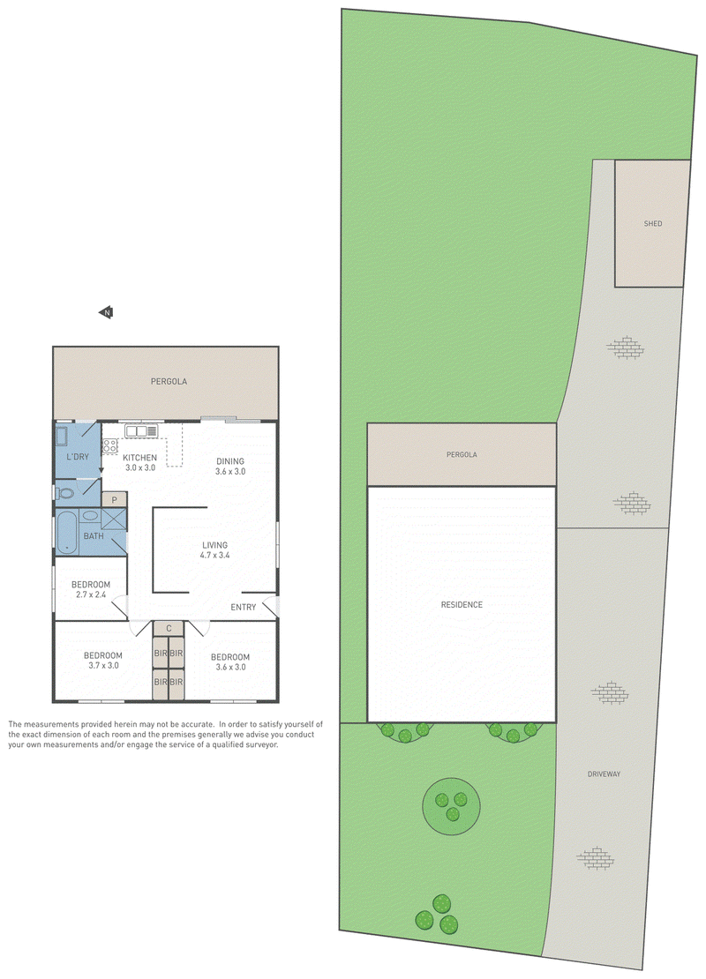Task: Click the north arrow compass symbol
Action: pos(106,312)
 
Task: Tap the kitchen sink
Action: pos(141,430)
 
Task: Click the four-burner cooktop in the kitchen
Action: pos(110,445)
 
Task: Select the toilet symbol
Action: pos(65,493)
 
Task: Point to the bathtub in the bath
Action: pos(66,533)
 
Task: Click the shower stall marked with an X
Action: pos(114,519)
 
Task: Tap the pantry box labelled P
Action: pos(115,499)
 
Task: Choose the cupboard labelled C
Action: pos(169,628)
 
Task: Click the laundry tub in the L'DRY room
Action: pos(62,436)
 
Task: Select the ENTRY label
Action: pos(243,607)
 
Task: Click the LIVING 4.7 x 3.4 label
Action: pos(215,550)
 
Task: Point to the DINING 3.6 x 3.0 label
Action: pos(230,467)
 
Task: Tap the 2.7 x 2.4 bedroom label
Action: pos(91,594)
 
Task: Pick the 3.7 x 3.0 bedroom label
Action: pos(103,666)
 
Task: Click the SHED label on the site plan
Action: pos(653,223)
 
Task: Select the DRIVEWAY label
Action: pos(604,774)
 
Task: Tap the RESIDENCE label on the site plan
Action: pos(462,604)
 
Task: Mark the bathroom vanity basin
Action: pos(91,516)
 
